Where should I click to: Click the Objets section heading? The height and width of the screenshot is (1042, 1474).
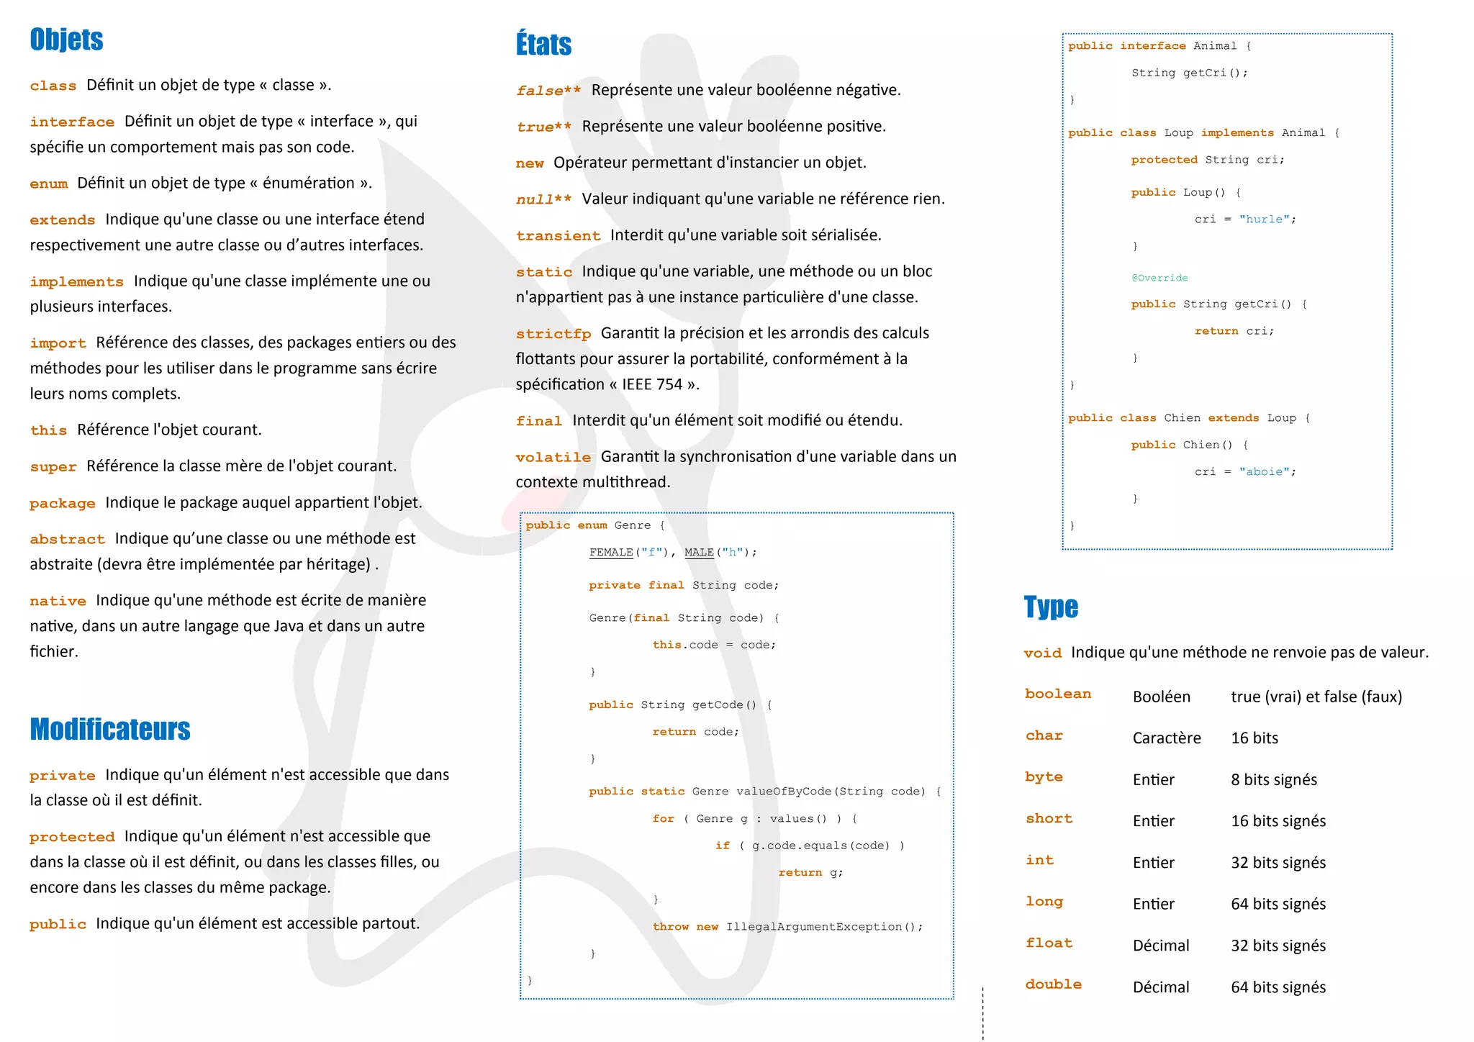tap(66, 40)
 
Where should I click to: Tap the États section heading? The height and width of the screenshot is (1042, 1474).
tap(543, 45)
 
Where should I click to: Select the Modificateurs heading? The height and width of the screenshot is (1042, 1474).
tap(110, 730)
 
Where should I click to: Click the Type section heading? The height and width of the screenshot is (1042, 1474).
tap(1051, 607)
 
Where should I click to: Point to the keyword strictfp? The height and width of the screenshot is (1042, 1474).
tap(553, 334)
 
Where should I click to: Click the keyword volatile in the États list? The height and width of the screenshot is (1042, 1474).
tap(553, 458)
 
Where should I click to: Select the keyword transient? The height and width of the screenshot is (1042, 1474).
tap(558, 236)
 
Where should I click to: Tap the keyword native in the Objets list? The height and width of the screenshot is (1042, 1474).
tap(58, 601)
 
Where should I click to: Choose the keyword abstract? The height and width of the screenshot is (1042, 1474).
tap(67, 539)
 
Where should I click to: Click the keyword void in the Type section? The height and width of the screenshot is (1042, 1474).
tap(1042, 653)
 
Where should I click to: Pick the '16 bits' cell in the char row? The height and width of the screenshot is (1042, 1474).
tap(1254, 738)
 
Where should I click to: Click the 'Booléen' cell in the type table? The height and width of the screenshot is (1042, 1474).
tap(1161, 697)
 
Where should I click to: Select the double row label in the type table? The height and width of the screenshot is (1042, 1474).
tap(1053, 984)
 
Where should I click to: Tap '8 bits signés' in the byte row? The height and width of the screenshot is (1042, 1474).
tap(1273, 780)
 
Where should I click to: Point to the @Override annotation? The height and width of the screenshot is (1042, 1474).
tap(1159, 278)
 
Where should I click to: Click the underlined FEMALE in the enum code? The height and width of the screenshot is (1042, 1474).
tap(610, 553)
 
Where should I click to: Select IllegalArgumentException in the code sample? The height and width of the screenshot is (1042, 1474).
tap(813, 927)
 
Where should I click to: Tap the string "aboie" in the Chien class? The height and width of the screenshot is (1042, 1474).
tap(1264, 472)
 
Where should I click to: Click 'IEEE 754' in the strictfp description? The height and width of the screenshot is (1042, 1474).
tap(651, 385)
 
